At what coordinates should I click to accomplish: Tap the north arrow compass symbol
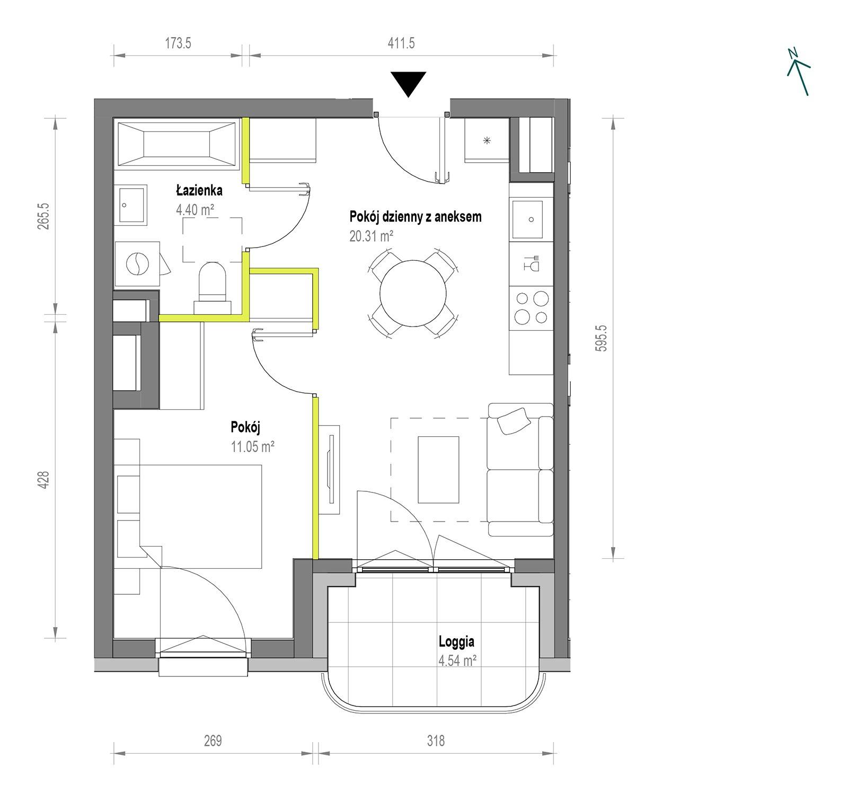point(798,72)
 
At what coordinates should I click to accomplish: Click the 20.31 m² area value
point(371,236)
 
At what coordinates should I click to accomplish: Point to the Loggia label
point(456,642)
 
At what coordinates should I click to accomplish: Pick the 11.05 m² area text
point(252,446)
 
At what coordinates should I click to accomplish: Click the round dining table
point(413,292)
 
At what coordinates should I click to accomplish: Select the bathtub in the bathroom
point(177,140)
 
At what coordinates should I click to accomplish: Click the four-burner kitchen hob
point(531,308)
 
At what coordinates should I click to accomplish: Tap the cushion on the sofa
point(513,421)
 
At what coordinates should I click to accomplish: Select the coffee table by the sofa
point(438,469)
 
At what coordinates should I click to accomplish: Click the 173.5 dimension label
point(178,43)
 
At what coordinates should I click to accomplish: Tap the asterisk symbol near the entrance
point(487,140)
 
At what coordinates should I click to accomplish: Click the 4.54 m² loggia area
point(456,660)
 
